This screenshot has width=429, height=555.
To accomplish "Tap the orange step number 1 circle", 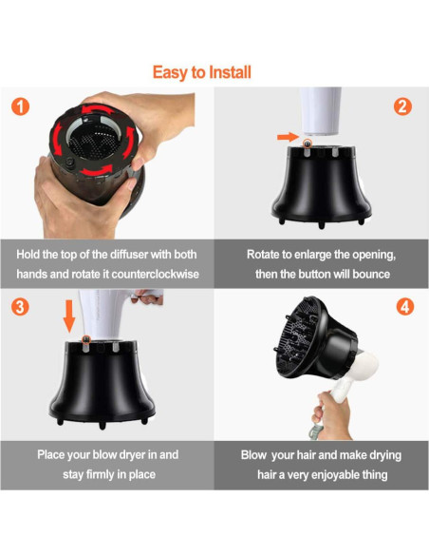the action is (20, 106).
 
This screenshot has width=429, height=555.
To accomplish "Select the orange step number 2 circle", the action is (402, 106).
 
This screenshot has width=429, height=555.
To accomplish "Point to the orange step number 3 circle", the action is (20, 307).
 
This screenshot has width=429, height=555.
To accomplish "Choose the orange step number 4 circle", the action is (404, 307).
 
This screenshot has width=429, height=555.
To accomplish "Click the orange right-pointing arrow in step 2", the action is (288, 137).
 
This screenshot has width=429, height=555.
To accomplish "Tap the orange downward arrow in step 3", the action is (69, 316).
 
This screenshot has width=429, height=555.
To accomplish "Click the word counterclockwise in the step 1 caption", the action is (155, 274).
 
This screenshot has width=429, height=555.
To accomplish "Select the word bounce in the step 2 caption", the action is (371, 274).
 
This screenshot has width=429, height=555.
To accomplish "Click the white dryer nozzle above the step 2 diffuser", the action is (320, 111).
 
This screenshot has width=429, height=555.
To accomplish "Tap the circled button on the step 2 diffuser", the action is (308, 144).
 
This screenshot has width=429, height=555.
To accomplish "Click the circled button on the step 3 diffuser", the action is (85, 340).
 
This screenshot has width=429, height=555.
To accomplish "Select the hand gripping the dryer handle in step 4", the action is (331, 415).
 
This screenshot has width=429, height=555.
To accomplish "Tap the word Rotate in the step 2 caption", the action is (261, 254).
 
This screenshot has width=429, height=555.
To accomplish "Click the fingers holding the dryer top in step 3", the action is (147, 297).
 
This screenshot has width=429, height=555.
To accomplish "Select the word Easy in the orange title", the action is (170, 73).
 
